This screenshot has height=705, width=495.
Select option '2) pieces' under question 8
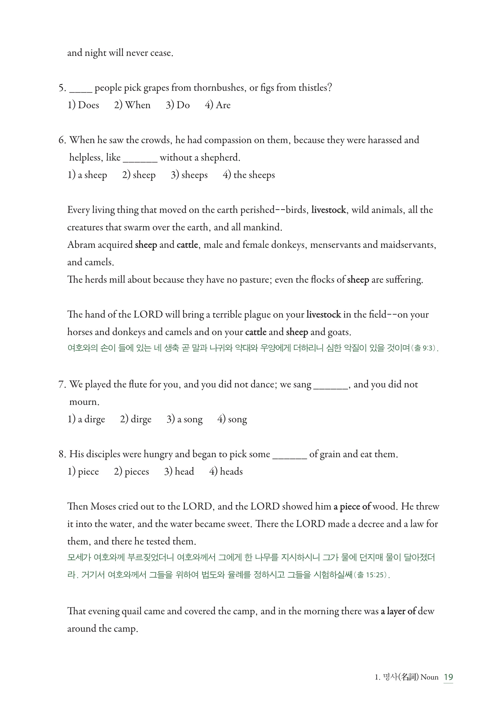click(132, 471)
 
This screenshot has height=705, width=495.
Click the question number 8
click(62, 454)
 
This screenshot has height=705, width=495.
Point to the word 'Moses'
click(103, 506)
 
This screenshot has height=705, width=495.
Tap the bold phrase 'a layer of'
click(398, 611)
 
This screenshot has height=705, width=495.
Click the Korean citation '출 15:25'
click(371, 575)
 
